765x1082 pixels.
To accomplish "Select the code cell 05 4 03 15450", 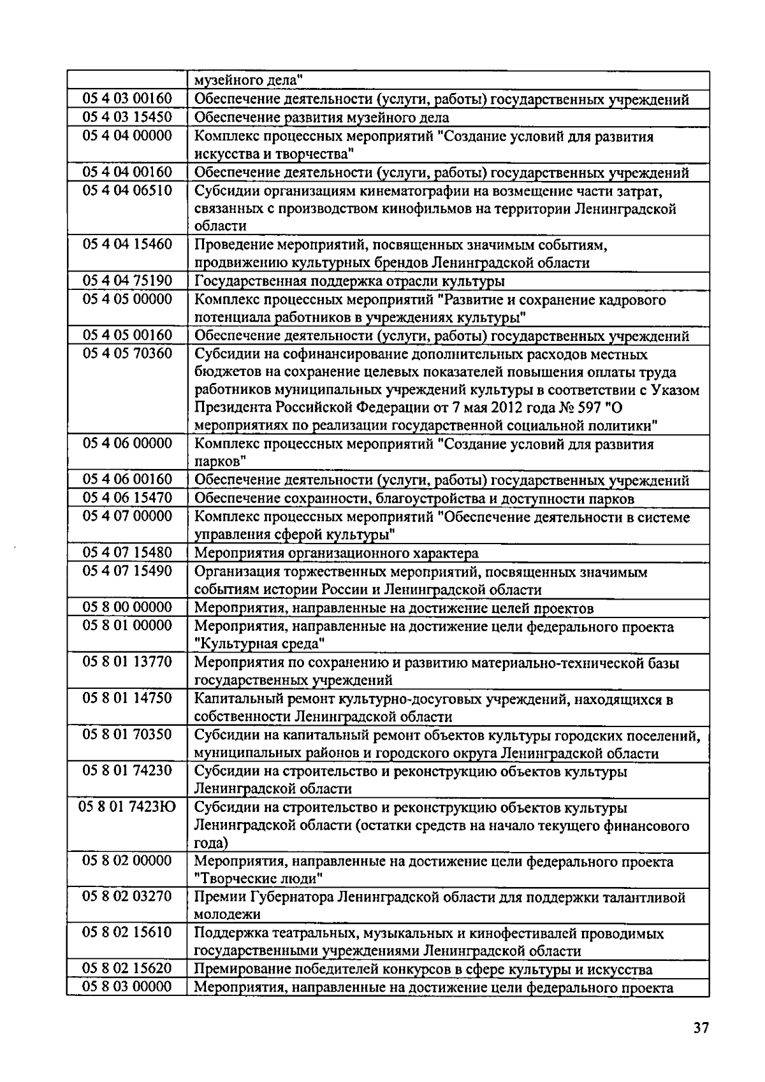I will pyautogui.click(x=127, y=117).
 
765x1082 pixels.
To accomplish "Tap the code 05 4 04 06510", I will pyautogui.click(x=127, y=191).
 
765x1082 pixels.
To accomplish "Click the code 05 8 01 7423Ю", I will pyautogui.click(x=127, y=808).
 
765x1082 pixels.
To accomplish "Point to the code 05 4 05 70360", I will pyautogui.click(x=127, y=354).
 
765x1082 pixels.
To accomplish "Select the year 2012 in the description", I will pyautogui.click(x=497, y=408).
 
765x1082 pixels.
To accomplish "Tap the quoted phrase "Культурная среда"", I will pyautogui.click(x=259, y=644).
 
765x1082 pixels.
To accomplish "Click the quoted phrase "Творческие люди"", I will pyautogui.click(x=258, y=879).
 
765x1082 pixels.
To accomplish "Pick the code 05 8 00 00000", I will pyautogui.click(x=127, y=607).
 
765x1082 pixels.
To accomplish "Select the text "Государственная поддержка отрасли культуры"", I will pyautogui.click(x=349, y=282).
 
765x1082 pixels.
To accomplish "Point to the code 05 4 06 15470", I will pyautogui.click(x=127, y=498).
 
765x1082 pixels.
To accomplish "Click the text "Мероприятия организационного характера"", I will pyautogui.click(x=336, y=553).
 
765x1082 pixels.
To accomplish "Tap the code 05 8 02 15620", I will pyautogui.click(x=127, y=969).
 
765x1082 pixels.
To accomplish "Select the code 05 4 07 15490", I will pyautogui.click(x=127, y=571).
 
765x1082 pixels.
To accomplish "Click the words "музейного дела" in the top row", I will pyautogui.click(x=248, y=80).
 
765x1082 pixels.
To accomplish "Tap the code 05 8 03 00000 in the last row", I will pyautogui.click(x=127, y=987).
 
